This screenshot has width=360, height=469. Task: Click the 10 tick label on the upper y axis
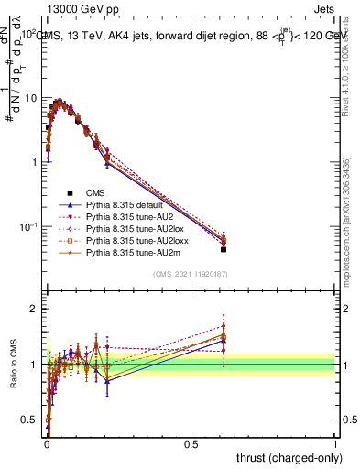pyautogui.click(x=30, y=98)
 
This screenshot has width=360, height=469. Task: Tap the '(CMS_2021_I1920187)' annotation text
pyautogui.click(x=191, y=275)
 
